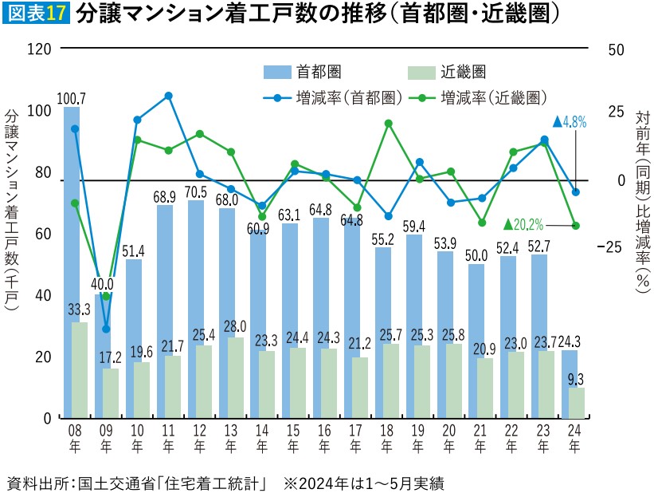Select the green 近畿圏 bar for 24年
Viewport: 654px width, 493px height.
[576, 403]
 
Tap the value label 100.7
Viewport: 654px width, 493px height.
[72, 98]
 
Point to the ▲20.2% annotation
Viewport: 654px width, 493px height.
[523, 224]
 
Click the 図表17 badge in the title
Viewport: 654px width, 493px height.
[37, 15]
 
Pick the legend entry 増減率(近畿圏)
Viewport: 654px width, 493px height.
[482, 97]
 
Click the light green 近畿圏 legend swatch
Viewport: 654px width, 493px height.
[420, 73]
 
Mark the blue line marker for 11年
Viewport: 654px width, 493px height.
[168, 96]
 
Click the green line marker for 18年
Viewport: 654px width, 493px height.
[388, 124]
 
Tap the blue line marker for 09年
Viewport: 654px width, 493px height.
[106, 329]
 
